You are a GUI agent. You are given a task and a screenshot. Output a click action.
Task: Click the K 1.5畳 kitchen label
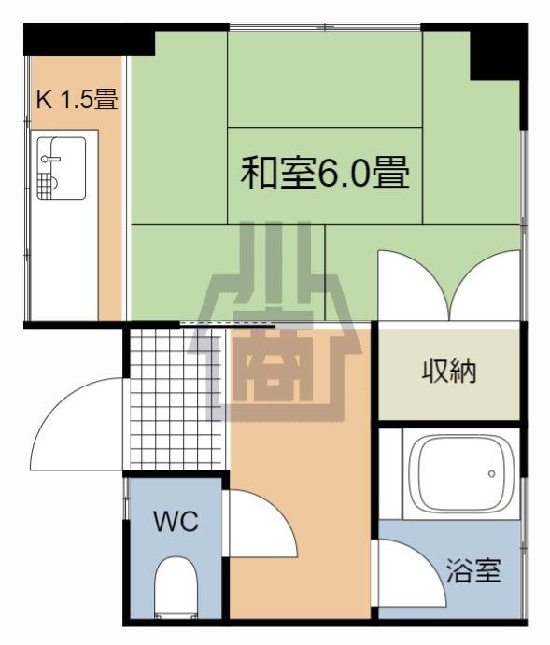(78, 100)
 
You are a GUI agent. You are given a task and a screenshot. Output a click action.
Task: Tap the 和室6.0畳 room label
(325, 173)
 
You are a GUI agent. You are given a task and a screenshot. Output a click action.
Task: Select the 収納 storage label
(449, 372)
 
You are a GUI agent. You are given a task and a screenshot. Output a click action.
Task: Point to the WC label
(176, 521)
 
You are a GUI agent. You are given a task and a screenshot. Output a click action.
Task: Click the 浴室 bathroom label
(473, 570)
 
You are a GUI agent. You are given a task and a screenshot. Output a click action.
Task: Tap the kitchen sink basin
(62, 168)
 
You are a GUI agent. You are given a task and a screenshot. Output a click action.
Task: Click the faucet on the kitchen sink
(50, 159)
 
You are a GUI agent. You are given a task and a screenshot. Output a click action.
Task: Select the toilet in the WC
(176, 587)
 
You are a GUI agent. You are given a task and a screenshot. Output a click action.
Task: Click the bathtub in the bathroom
(461, 474)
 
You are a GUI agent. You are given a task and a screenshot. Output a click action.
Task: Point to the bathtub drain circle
(491, 474)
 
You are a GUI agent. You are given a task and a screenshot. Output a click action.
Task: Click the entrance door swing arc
(78, 425)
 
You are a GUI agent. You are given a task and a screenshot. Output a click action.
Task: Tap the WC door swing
(263, 524)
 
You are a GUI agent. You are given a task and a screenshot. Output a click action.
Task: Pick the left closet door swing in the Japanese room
(414, 285)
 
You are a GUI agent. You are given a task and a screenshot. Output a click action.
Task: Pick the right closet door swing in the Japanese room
(486, 285)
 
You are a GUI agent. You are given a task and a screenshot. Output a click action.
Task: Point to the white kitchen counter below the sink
(64, 260)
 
